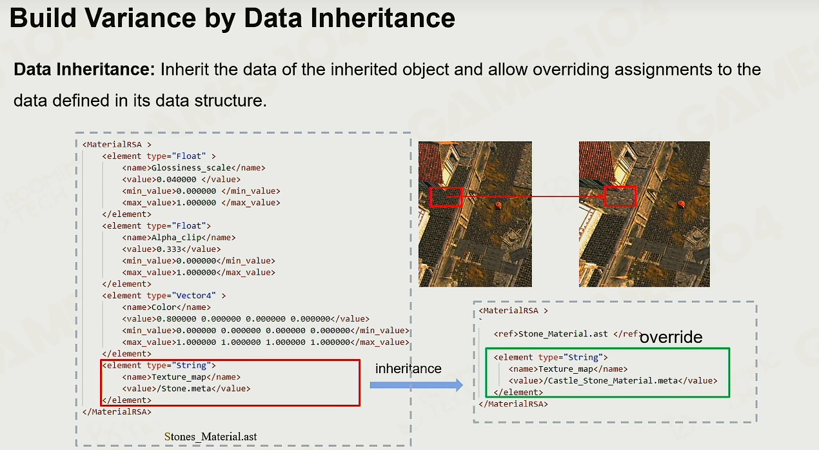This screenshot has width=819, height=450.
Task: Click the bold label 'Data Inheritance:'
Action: pos(84,69)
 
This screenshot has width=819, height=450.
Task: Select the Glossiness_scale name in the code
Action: pos(191,168)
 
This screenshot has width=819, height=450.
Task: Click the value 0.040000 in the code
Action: pos(176,179)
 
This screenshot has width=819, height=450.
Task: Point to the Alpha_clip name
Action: pos(176,238)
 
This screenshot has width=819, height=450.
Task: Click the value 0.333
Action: pos(169,249)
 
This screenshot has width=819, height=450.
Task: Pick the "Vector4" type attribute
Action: pos(193,296)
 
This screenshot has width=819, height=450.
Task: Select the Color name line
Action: pos(166,307)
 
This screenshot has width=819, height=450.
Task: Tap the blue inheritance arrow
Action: pos(417,385)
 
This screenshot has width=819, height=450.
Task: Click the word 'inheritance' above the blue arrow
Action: pos(408,369)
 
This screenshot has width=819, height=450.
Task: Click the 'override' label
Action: pos(671,337)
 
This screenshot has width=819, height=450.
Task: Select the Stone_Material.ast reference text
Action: pos(563,334)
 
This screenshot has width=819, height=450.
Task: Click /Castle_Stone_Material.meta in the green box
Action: pos(611,381)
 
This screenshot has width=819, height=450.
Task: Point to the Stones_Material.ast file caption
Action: pos(211,436)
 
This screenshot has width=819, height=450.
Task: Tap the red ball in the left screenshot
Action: pos(498,205)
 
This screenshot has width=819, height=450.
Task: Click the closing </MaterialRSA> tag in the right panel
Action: pos(513,404)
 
